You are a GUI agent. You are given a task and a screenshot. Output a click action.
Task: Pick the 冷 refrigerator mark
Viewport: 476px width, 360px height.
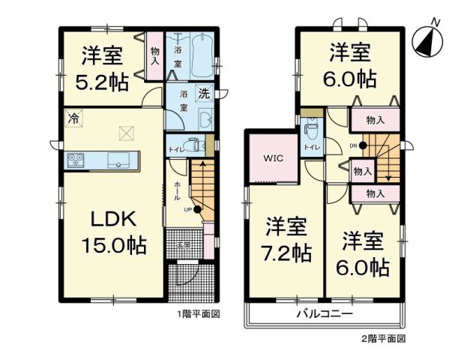72,117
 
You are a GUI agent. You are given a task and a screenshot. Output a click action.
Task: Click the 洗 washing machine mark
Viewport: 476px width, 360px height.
204,94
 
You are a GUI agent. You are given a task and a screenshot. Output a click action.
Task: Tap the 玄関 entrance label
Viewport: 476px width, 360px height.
184,245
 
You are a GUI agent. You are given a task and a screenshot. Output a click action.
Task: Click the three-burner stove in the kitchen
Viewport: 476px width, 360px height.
78,159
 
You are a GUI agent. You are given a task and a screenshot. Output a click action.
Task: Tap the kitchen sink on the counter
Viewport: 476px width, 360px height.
119,160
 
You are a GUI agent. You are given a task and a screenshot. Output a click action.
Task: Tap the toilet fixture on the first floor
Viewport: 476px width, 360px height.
192,145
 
